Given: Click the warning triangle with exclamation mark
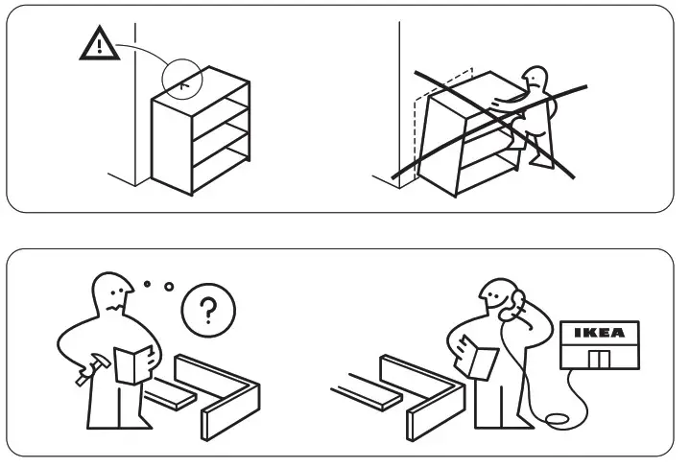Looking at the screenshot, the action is [100, 44].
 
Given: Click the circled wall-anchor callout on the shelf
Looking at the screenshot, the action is [182, 80].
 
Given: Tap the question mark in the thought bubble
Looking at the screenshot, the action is [208, 310].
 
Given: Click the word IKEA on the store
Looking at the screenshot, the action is [600, 333].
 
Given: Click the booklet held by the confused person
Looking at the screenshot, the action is [132, 364].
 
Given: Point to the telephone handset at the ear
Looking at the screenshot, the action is [512, 304].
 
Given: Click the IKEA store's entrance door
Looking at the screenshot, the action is [600, 360].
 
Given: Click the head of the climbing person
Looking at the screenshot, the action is [536, 80].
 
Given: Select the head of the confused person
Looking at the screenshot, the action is [112, 292].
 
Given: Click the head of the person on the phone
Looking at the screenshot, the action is [497, 296].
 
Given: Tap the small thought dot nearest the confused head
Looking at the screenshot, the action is [147, 284].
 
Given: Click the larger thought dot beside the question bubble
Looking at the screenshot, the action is [169, 287].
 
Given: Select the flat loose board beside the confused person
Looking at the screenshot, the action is [170, 394].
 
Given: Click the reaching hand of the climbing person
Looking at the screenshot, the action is [497, 104].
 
